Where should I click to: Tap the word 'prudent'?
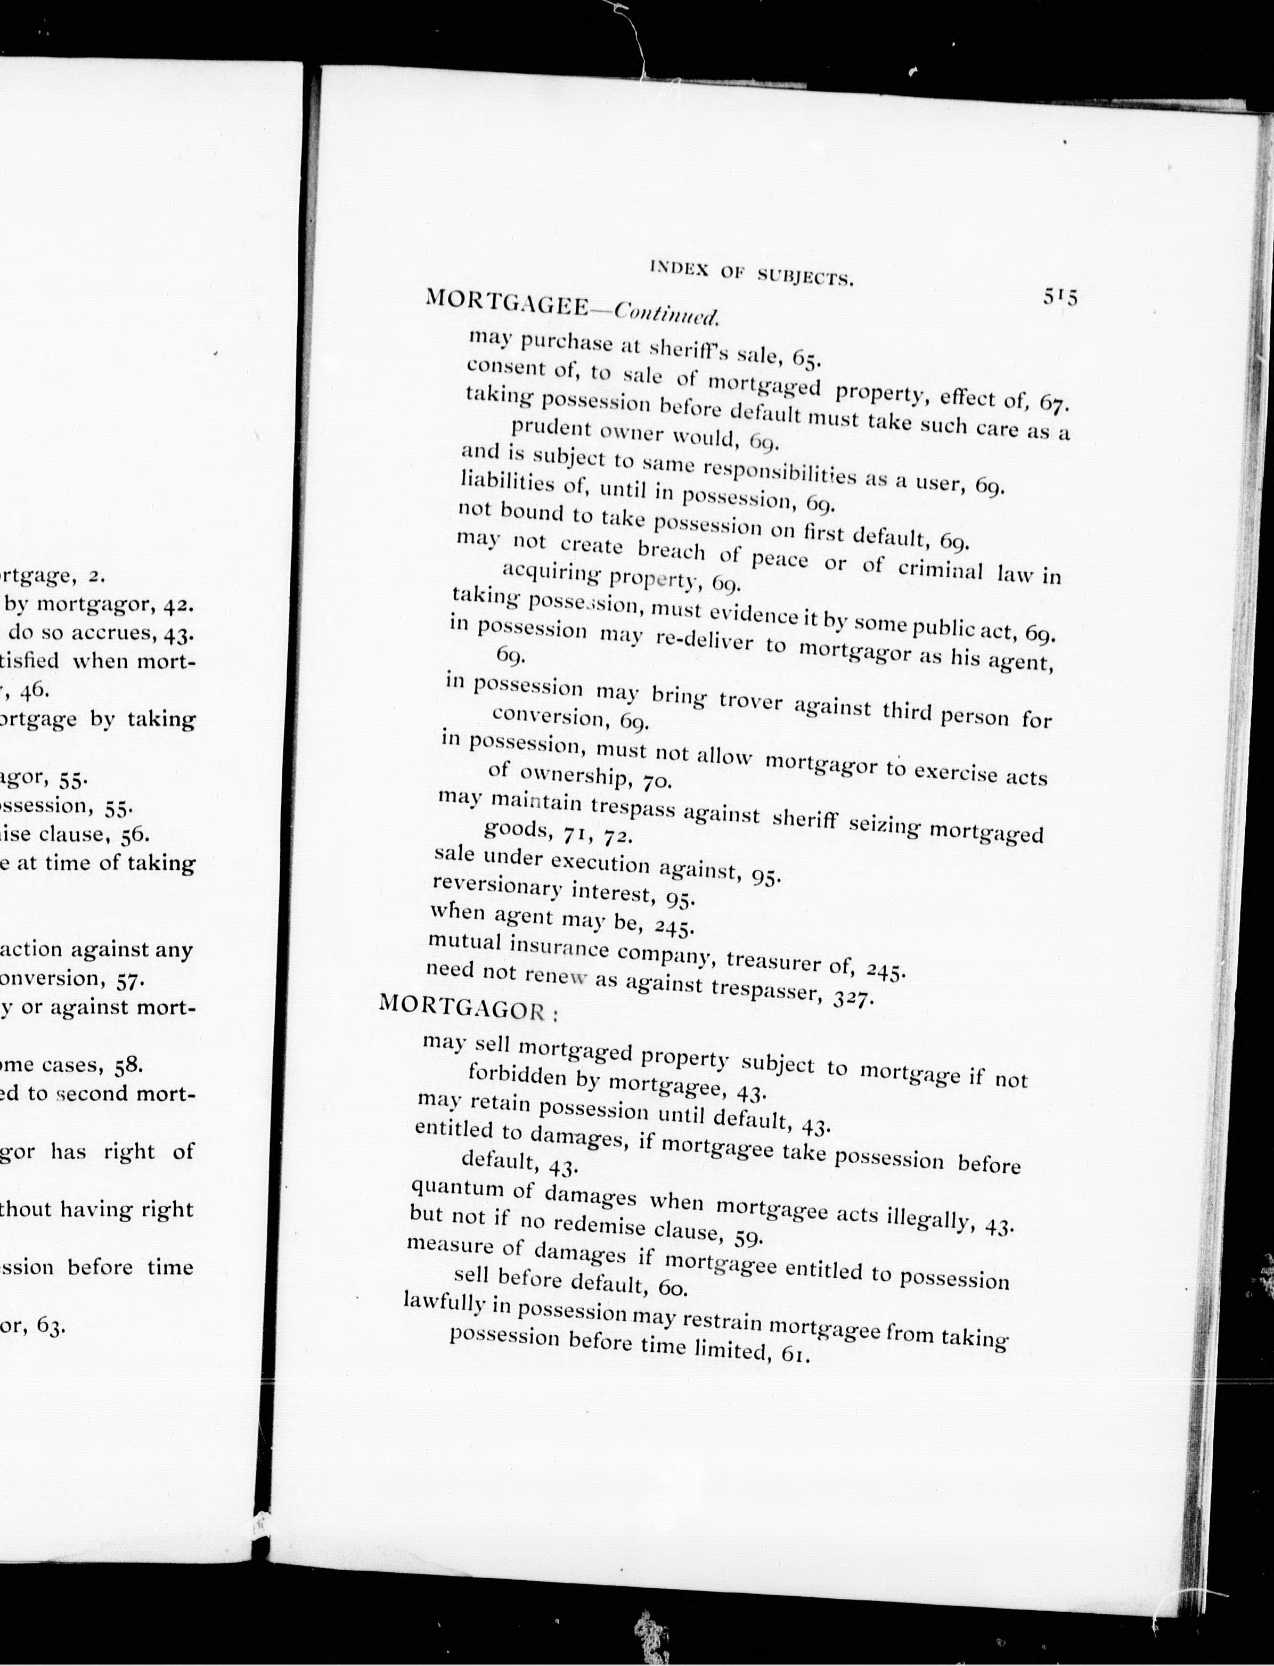point(551,427)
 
